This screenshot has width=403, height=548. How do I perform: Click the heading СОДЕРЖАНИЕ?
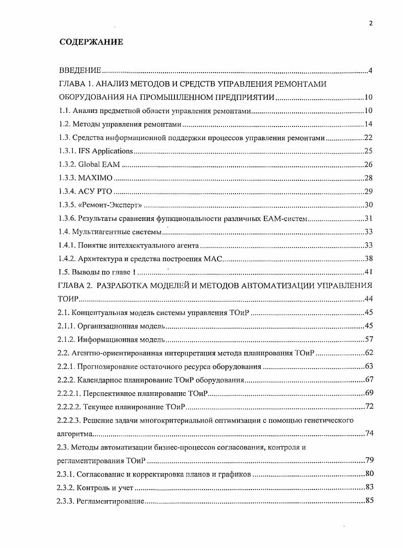tap(91, 42)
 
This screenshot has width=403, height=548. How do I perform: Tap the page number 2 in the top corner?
tap(370, 23)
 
